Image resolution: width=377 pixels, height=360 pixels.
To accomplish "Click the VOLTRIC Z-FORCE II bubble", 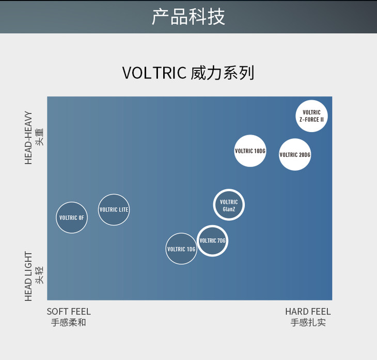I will [311, 116].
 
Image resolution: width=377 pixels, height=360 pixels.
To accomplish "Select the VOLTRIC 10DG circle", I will [250, 151].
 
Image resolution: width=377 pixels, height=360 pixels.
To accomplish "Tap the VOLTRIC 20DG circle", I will [295, 155].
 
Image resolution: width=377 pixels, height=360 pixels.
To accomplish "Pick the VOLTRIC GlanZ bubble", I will [229, 205].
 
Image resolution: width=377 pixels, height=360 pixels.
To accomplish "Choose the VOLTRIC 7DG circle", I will [212, 241].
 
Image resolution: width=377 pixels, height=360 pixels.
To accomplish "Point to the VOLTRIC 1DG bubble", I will [181, 249].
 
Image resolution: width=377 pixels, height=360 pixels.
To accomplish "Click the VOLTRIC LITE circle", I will [114, 210].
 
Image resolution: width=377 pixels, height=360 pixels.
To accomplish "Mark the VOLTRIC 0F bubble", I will [71, 218].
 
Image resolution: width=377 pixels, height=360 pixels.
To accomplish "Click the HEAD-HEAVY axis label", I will [29, 138].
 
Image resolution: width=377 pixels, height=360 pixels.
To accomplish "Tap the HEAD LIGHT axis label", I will [29, 276].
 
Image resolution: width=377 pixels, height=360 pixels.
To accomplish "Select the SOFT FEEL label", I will [69, 312].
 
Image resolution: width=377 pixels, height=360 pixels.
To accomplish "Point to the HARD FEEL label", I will [308, 312].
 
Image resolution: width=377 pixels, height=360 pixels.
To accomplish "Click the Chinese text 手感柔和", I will [69, 323].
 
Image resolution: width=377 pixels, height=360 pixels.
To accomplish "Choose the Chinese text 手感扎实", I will [308, 323].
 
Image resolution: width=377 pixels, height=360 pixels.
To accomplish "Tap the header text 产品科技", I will [189, 17].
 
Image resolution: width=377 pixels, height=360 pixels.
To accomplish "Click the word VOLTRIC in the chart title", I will [154, 73].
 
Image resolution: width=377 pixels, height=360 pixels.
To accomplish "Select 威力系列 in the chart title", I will [223, 73].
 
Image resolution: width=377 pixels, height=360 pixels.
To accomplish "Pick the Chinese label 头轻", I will [39, 275].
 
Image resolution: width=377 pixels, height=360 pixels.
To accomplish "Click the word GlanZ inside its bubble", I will [229, 209].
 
